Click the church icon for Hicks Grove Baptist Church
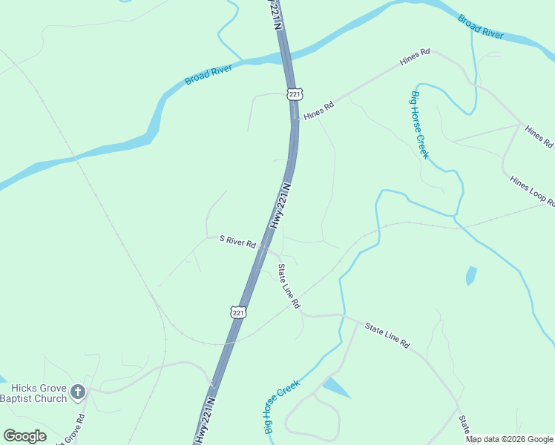[x=78, y=392]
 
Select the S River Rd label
[x=237, y=242]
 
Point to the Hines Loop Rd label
[x=533, y=191]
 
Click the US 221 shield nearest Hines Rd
[x=295, y=94]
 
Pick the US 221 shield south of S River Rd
[x=237, y=312]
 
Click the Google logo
[x=24, y=436]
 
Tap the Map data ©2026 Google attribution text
[x=509, y=439]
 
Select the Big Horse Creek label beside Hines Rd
[x=419, y=124]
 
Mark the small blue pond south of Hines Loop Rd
[x=470, y=275]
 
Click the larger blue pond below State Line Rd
[x=335, y=387]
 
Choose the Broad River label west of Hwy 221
[x=208, y=74]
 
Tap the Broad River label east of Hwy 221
[x=480, y=27]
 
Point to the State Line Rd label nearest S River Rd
[x=289, y=286]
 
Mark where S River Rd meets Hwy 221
[x=263, y=248]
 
